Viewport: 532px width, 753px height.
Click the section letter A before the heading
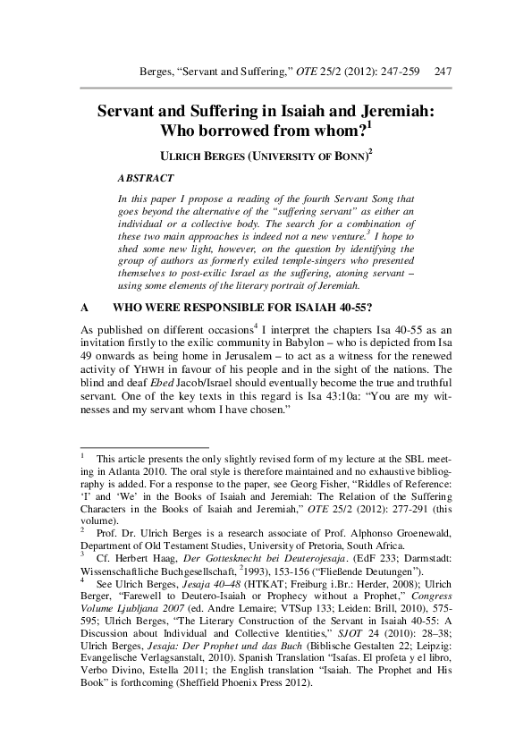(x=83, y=306)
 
